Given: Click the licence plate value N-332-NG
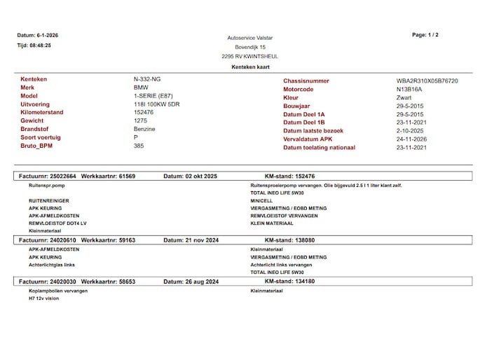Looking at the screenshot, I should tap(147, 80).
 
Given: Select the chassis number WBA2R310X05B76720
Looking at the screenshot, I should tap(427, 81).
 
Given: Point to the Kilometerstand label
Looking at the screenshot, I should tap(42, 112).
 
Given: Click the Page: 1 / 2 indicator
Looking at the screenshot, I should tap(425, 34).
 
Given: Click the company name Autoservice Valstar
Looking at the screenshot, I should tap(250, 38).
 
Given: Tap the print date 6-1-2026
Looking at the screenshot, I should tap(47, 35).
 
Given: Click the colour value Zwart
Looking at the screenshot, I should tap(404, 97).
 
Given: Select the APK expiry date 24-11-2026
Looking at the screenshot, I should tap(411, 139).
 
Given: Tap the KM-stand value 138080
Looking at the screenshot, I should tap(298, 240).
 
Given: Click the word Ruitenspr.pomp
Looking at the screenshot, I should tap(47, 186).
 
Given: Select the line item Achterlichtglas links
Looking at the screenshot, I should tap(52, 265).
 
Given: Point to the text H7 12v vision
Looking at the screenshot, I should tap(44, 298).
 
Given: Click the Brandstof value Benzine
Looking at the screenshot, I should tap(145, 129).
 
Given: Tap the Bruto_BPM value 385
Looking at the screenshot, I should tap(139, 146).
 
